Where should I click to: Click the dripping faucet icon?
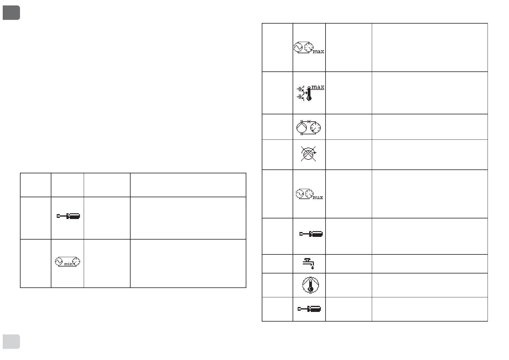point(309,263)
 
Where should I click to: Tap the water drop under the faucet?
point(313,267)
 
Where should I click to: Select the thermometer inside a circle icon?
point(310,285)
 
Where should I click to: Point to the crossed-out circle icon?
point(308,154)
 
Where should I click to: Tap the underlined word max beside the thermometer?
point(318,87)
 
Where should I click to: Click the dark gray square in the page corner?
point(11,13)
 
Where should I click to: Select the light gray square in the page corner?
point(11,342)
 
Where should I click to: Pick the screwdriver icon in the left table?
point(68,216)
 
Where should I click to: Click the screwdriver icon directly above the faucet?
point(311,234)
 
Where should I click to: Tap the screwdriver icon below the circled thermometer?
point(309,309)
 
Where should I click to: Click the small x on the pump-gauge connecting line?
point(309,121)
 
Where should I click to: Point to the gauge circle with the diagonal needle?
point(316,128)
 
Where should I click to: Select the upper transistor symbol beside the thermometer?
point(300,89)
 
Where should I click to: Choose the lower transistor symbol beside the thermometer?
point(300,97)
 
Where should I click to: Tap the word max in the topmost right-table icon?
point(318,51)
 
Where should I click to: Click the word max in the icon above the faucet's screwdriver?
point(318,197)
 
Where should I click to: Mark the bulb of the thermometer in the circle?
point(310,289)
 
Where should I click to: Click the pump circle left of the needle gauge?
point(301,128)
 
